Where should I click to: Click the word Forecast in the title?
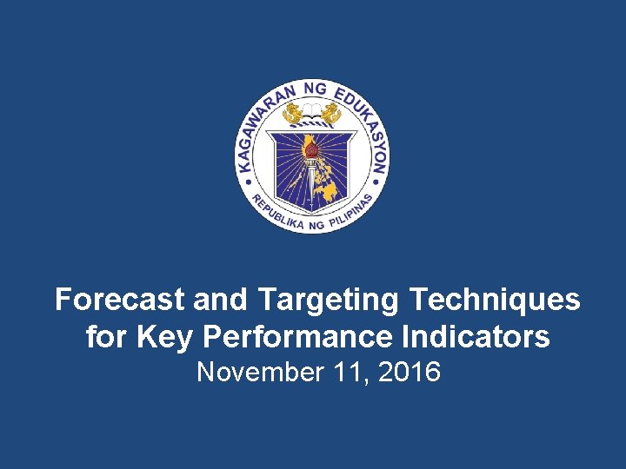pyautogui.click(x=120, y=300)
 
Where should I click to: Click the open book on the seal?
pyautogui.click(x=312, y=111)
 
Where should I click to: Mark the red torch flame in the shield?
pyautogui.click(x=310, y=149)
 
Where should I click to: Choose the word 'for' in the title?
pyautogui.click(x=106, y=336)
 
